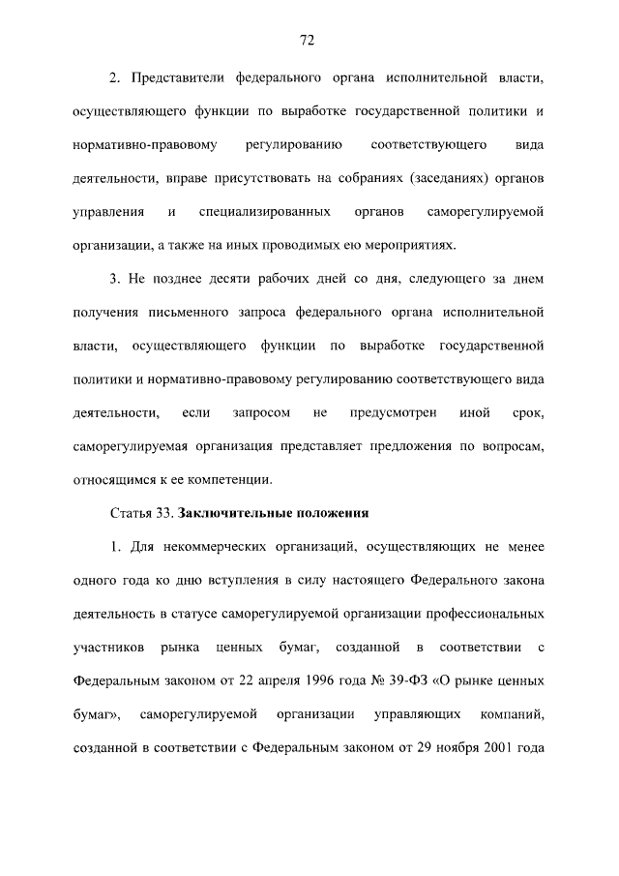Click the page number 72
[x=309, y=40]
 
